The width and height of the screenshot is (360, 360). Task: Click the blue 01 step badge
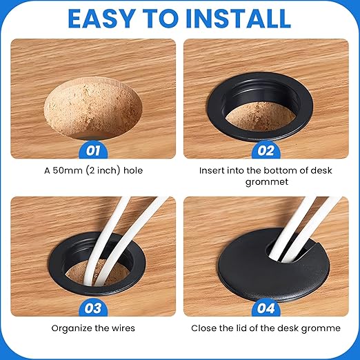[93, 151]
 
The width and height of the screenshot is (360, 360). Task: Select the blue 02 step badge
[266, 151]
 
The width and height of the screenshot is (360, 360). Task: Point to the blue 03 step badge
[93, 308]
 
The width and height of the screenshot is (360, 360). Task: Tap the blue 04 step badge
[266, 308]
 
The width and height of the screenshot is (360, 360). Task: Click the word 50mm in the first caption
[68, 170]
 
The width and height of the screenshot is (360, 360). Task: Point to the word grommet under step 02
[267, 182]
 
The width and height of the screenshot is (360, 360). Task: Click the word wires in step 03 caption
[123, 328]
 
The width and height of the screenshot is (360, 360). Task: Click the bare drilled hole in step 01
[93, 108]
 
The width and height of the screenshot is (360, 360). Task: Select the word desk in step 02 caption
[321, 170]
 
